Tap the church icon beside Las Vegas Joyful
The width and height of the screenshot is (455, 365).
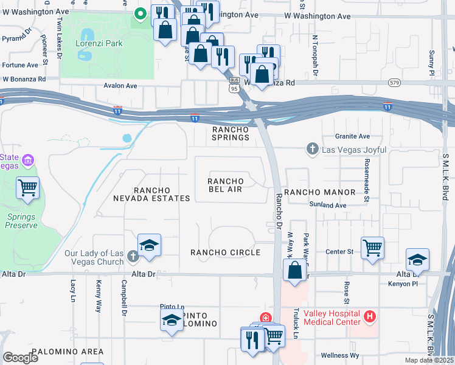(312, 148)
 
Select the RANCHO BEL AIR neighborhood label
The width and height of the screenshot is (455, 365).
(226, 186)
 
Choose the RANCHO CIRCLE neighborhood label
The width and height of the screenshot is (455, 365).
(225, 252)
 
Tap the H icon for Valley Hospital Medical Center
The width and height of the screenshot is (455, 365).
(369, 316)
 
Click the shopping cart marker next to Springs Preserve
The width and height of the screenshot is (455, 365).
(28, 188)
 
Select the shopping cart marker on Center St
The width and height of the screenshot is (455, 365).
(372, 248)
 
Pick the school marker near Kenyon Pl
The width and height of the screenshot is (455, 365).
(417, 260)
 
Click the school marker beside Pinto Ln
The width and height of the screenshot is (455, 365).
(172, 321)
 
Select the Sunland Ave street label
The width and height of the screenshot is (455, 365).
(327, 206)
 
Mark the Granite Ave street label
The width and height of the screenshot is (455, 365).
(352, 137)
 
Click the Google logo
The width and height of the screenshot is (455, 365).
(21, 358)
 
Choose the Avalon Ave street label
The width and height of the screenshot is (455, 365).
(120, 86)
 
